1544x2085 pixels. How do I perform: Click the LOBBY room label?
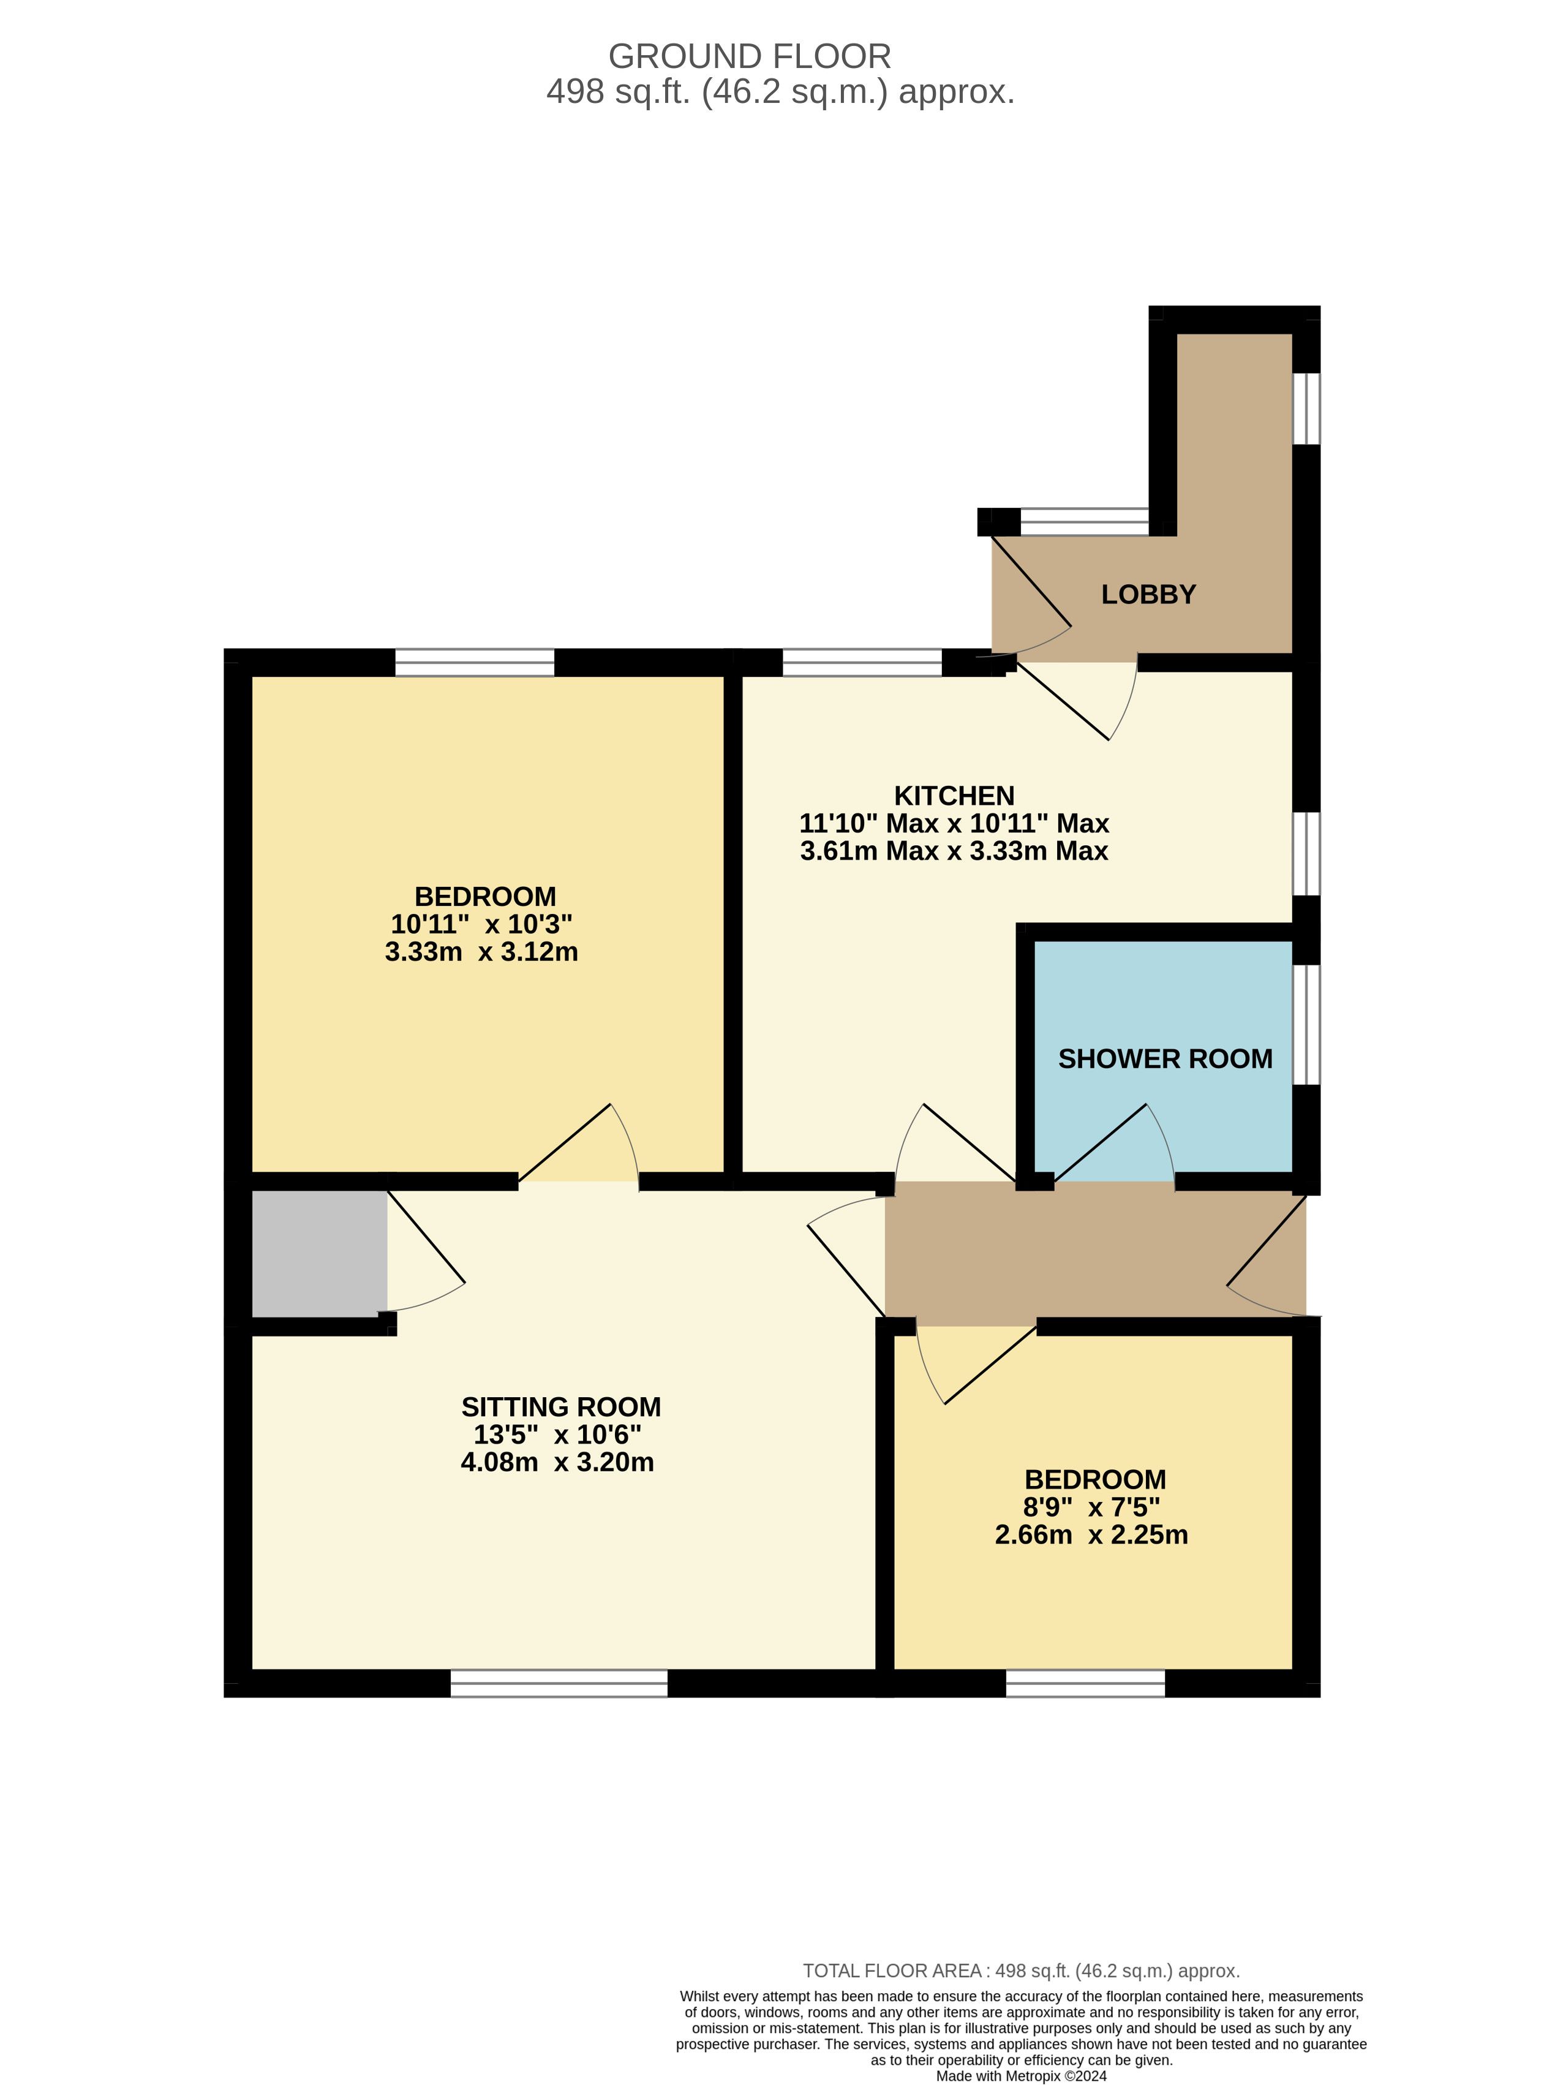(x=1148, y=594)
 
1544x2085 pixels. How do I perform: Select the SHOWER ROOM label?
(x=1166, y=1059)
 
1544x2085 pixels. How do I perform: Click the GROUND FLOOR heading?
(x=750, y=57)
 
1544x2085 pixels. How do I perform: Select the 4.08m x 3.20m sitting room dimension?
(x=557, y=1461)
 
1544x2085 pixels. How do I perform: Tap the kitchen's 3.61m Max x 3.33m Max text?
(x=954, y=850)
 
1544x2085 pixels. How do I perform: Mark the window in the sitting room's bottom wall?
(x=559, y=1683)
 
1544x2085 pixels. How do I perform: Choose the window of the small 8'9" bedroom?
(x=1085, y=1683)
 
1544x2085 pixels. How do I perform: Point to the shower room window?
(x=1306, y=1024)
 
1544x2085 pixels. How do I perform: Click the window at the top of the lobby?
(x=1084, y=521)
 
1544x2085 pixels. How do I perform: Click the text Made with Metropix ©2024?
(x=1022, y=2076)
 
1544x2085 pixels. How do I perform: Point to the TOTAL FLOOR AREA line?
(x=1022, y=1971)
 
